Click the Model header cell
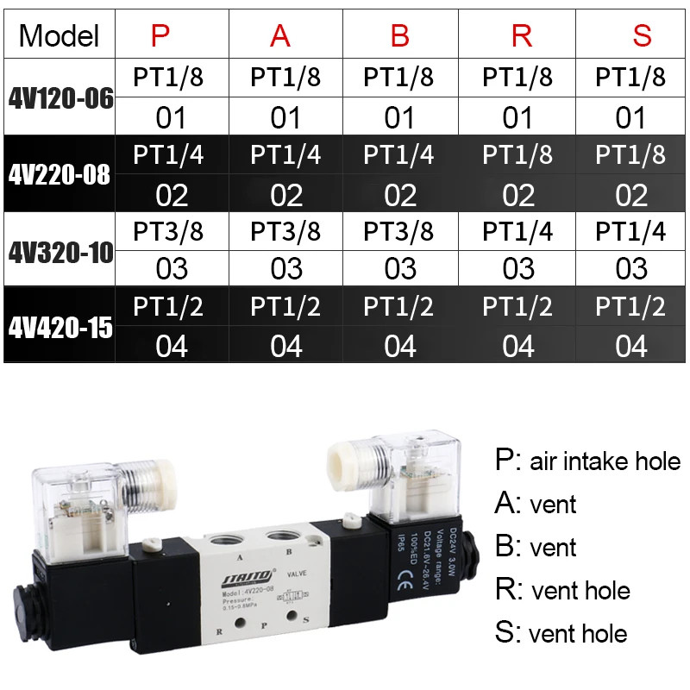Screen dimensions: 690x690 coord(59,35)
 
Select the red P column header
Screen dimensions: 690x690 coord(161,36)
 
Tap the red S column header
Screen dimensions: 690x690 coord(642,36)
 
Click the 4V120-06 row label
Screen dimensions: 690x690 coord(60,97)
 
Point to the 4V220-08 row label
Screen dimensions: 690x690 coord(60,174)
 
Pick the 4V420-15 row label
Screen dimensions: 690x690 coord(60,329)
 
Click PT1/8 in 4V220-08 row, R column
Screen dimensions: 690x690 coord(517,155)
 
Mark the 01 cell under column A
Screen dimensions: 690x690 coord(285,117)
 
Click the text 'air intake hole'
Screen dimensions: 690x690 coord(605,461)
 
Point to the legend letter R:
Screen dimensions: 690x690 coord(507,591)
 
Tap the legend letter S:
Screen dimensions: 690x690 coord(506,634)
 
